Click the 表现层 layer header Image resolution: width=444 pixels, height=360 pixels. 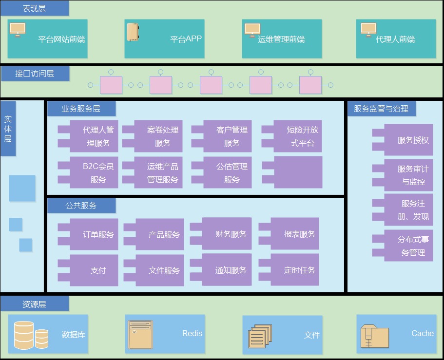[x=34, y=8]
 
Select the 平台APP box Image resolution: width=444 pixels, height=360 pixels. [x=164, y=39]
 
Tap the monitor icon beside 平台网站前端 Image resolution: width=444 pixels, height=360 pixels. [x=18, y=30]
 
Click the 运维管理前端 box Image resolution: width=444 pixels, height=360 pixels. [x=282, y=39]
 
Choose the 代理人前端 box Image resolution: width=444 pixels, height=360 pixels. [x=396, y=39]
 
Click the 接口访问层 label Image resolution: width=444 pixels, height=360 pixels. [x=35, y=74]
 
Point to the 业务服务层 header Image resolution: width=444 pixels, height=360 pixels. [x=81, y=109]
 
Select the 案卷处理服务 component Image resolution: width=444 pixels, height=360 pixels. [x=153, y=136]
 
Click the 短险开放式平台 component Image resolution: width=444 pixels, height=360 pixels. [x=292, y=136]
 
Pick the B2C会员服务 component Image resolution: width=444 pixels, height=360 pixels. [x=88, y=172]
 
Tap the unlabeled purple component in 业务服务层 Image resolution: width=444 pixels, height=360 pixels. [x=292, y=172]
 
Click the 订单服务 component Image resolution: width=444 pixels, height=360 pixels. [x=88, y=234]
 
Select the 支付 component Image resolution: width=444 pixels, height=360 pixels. [x=88, y=270]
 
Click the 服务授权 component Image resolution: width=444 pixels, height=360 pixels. [x=403, y=140]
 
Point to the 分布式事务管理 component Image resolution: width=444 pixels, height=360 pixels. [x=403, y=246]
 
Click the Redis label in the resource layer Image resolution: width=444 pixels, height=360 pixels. [x=192, y=334]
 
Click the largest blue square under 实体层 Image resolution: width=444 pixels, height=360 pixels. [x=22, y=188]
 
